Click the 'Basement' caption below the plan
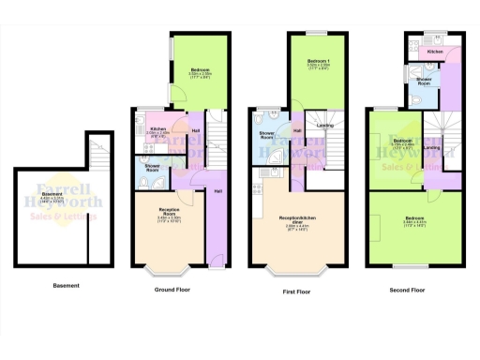click(66, 285)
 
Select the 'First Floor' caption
click(297, 292)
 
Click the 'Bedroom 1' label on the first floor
click(320, 63)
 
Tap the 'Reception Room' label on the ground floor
click(170, 209)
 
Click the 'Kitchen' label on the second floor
click(434, 52)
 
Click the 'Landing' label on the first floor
click(323, 125)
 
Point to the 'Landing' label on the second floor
click(432, 147)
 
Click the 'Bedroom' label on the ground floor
click(199, 70)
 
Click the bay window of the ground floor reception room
click(170, 271)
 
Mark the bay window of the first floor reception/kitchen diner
click(297, 273)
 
